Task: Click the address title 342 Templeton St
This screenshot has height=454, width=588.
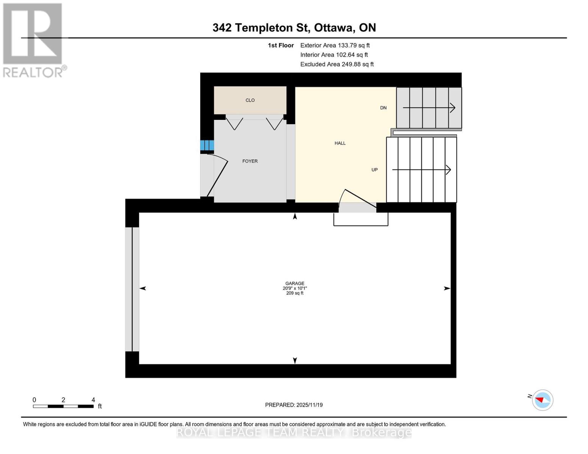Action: point(294,28)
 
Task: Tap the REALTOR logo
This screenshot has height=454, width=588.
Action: point(33,40)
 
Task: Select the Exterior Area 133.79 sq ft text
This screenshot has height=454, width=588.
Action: point(335,45)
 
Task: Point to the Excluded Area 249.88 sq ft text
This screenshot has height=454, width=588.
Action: point(337,64)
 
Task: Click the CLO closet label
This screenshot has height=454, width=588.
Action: point(250,100)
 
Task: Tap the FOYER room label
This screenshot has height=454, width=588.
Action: point(250,161)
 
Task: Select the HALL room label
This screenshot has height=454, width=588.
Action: point(340,143)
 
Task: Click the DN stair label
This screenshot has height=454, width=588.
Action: point(383,108)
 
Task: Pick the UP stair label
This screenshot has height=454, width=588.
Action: point(374,170)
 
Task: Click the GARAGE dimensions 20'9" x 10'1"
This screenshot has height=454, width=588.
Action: point(295,288)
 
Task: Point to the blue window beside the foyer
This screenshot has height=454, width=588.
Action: point(207,145)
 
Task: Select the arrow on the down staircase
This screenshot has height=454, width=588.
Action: point(429,108)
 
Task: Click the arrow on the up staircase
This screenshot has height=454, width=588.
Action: point(421,170)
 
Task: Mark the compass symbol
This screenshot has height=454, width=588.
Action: point(542,400)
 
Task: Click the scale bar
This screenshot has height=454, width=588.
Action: point(63,406)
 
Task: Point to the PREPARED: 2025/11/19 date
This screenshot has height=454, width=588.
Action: point(294,405)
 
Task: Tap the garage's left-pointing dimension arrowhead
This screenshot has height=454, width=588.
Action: point(143,288)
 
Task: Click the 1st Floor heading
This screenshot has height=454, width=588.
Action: point(281,45)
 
